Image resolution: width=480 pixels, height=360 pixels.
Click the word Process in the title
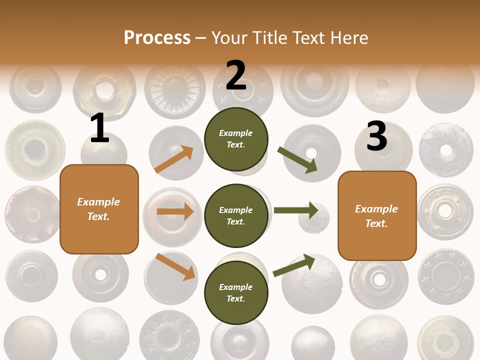157,38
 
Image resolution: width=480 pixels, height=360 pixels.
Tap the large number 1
99,128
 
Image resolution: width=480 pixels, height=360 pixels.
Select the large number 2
236,75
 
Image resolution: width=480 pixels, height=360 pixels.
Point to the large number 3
376,136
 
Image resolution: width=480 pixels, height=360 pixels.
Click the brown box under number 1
99,209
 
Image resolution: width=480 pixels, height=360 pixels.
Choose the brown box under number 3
377,216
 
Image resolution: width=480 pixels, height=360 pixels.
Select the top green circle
236,139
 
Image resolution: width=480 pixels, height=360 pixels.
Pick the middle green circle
236,215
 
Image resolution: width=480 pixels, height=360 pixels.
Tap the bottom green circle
236,292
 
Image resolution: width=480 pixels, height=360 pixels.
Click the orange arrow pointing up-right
174,159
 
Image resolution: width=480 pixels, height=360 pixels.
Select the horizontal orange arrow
175,211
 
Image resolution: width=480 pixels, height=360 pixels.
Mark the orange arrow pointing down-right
175,266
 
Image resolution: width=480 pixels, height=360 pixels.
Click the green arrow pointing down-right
297,159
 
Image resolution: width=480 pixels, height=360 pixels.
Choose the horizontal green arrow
296,210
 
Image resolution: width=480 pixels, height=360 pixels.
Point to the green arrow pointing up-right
294,265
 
